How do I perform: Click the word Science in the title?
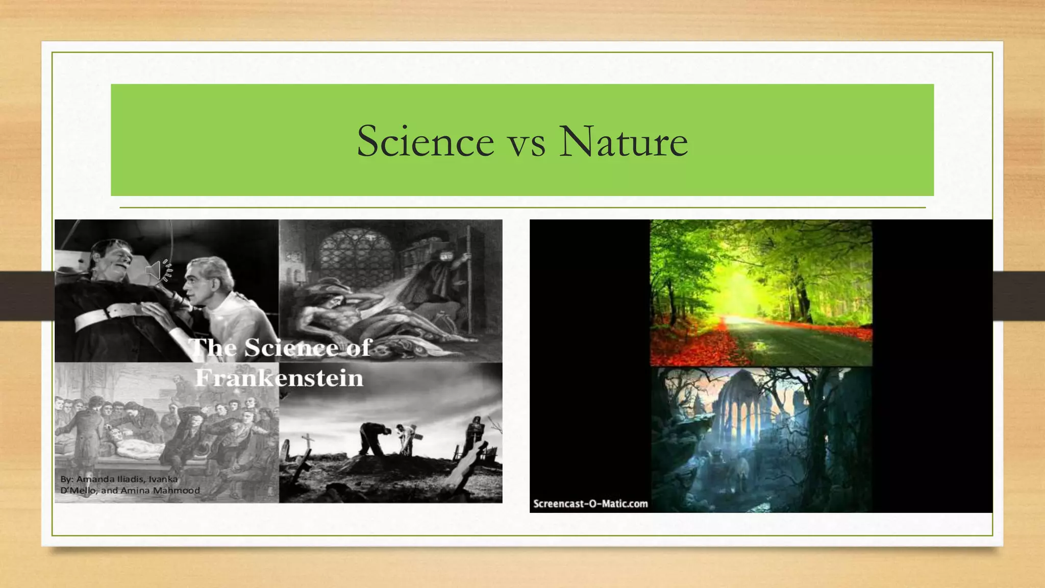(425, 141)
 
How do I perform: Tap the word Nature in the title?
(623, 141)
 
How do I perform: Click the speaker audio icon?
(158, 271)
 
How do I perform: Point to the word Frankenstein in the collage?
(279, 378)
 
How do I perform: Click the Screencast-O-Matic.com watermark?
(590, 504)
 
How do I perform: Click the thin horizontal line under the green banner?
(522, 208)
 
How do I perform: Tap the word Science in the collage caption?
(291, 348)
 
